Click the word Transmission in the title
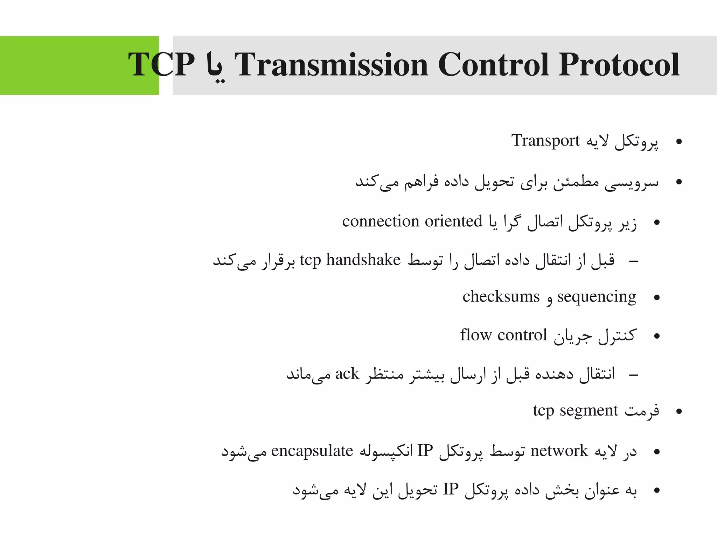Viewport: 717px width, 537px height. [x=331, y=65]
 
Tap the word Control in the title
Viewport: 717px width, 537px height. [x=493, y=65]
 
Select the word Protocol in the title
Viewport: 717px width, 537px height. [x=619, y=65]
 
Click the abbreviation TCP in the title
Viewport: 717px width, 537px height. [x=161, y=65]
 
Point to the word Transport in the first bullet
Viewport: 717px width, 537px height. [x=545, y=141]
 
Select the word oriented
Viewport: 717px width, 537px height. [x=454, y=221]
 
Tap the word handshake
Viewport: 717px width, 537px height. [x=363, y=260]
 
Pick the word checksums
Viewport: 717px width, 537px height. [x=501, y=297]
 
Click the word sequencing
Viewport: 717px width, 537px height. [x=597, y=297]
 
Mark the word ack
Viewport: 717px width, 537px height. [x=347, y=374]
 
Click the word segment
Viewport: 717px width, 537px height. [x=589, y=410]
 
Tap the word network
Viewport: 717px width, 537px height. [x=559, y=451]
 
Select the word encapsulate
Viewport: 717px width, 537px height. [x=312, y=451]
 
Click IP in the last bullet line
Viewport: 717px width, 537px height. [x=451, y=489]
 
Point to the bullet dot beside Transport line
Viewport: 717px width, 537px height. [x=679, y=142]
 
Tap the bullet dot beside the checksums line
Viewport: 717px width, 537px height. [x=657, y=298]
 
